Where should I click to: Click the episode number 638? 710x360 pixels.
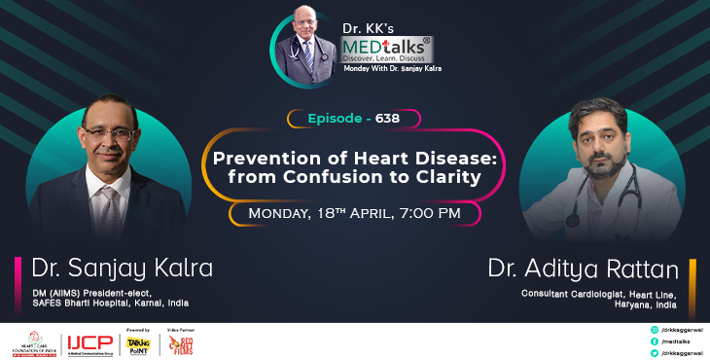(x=387, y=119)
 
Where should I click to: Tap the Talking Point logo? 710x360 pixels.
(x=138, y=342)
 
